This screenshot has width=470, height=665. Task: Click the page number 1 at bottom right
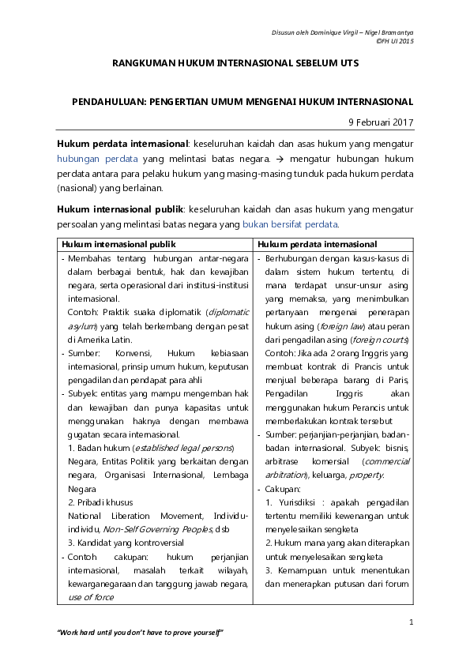coord(412,623)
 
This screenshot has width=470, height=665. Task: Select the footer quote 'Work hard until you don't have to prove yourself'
coord(141,633)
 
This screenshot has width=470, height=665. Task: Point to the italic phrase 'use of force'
coord(92,597)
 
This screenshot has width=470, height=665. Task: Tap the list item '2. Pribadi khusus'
coord(100,502)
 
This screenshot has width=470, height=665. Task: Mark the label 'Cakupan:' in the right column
coord(284,489)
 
